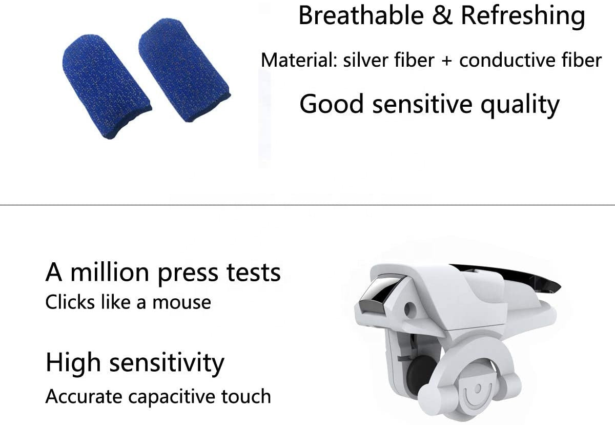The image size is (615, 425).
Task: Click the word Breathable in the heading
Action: tap(361, 15)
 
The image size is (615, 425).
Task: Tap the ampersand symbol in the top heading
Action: tap(442, 15)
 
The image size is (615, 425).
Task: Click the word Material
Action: tap(299, 60)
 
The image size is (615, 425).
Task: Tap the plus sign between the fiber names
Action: tap(447, 61)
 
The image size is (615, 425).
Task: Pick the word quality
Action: tap(520, 105)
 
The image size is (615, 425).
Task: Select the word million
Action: tap(110, 273)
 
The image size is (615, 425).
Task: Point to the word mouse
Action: tap(182, 303)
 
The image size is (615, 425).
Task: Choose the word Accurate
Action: tap(84, 397)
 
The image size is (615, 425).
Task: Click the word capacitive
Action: tap(172, 397)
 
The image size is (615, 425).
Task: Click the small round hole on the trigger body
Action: tap(409, 310)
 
